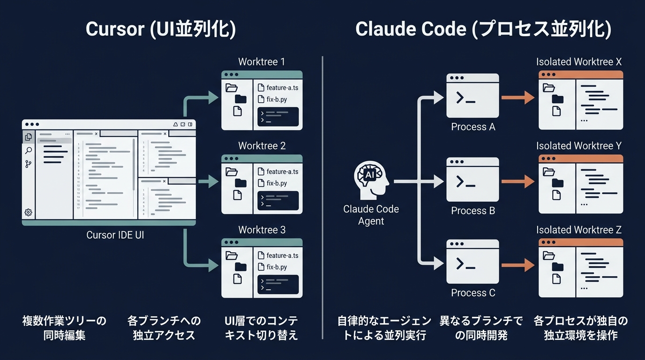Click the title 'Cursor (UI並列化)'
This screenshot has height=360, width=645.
(x=161, y=29)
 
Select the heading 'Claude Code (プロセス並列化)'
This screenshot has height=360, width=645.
(x=483, y=29)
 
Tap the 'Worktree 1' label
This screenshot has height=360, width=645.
(x=262, y=62)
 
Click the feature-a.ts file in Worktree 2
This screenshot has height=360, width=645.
(x=282, y=172)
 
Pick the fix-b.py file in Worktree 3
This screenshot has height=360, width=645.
(x=276, y=267)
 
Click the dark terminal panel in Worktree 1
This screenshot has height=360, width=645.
(x=278, y=117)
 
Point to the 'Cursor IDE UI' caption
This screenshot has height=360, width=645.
(x=115, y=235)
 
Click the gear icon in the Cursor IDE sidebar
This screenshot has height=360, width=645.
(x=29, y=212)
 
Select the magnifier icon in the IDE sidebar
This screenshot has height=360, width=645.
(x=29, y=150)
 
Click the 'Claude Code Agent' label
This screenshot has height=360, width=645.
(x=371, y=215)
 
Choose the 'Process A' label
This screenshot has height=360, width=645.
(x=472, y=127)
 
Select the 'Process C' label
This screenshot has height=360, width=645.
(x=472, y=293)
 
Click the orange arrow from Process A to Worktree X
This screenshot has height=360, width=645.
(x=517, y=97)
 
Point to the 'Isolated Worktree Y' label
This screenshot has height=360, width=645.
(x=579, y=146)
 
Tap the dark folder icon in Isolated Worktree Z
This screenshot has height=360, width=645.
(x=558, y=267)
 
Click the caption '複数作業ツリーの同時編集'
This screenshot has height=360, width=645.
(x=65, y=328)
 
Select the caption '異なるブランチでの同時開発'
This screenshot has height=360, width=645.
(x=481, y=328)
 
